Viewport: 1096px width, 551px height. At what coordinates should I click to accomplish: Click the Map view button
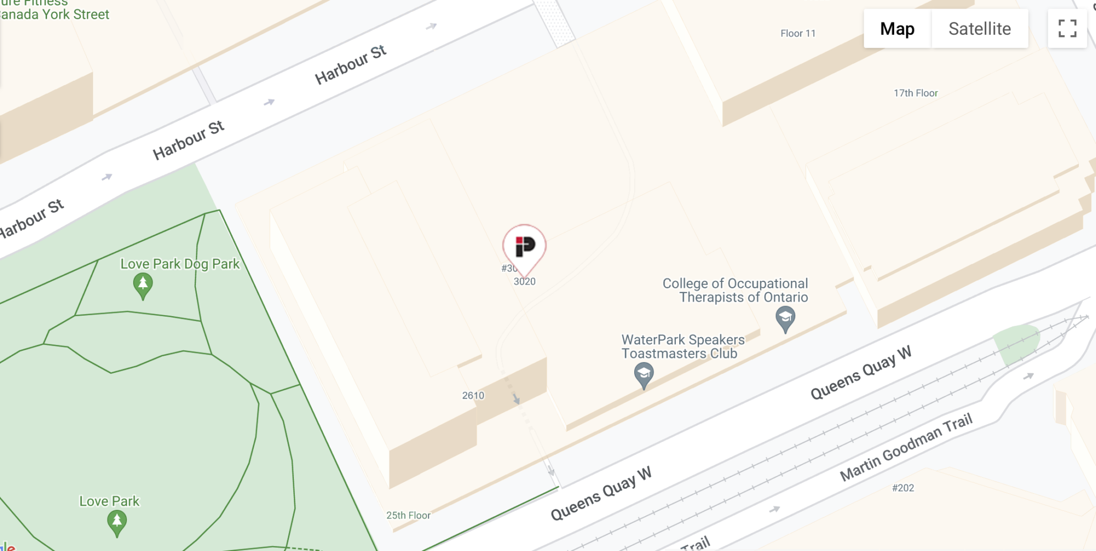[x=897, y=29]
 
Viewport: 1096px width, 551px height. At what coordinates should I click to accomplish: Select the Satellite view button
[x=979, y=29]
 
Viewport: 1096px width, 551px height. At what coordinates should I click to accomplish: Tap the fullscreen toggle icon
[x=1067, y=29]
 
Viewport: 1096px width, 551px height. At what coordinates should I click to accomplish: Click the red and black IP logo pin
[x=524, y=247]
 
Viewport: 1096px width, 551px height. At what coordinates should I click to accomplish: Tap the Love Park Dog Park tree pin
[x=142, y=285]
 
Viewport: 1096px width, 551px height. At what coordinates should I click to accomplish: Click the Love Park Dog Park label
[x=180, y=264]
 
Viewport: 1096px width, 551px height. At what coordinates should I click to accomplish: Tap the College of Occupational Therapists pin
[x=785, y=318]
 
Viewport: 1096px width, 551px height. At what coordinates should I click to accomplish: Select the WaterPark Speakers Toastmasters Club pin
[x=643, y=374]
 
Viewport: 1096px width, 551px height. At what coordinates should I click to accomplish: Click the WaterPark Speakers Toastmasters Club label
[x=682, y=347]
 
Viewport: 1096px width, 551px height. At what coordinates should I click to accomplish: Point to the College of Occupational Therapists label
[x=735, y=290]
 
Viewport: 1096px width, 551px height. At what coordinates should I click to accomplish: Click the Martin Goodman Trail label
[x=905, y=447]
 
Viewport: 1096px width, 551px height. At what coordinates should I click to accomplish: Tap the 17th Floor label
[x=916, y=93]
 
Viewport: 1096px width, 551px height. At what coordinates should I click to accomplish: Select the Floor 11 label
[x=797, y=34]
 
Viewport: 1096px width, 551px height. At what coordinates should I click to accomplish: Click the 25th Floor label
[x=408, y=515]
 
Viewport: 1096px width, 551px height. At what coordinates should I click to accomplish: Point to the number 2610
[x=473, y=395]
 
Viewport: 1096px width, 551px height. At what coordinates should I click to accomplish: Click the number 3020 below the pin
[x=524, y=281]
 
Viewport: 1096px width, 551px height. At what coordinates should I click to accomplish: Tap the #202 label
[x=903, y=488]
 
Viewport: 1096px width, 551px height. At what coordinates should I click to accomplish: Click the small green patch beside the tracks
[x=1016, y=342]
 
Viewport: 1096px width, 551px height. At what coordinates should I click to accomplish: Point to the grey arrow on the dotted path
[x=516, y=399]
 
